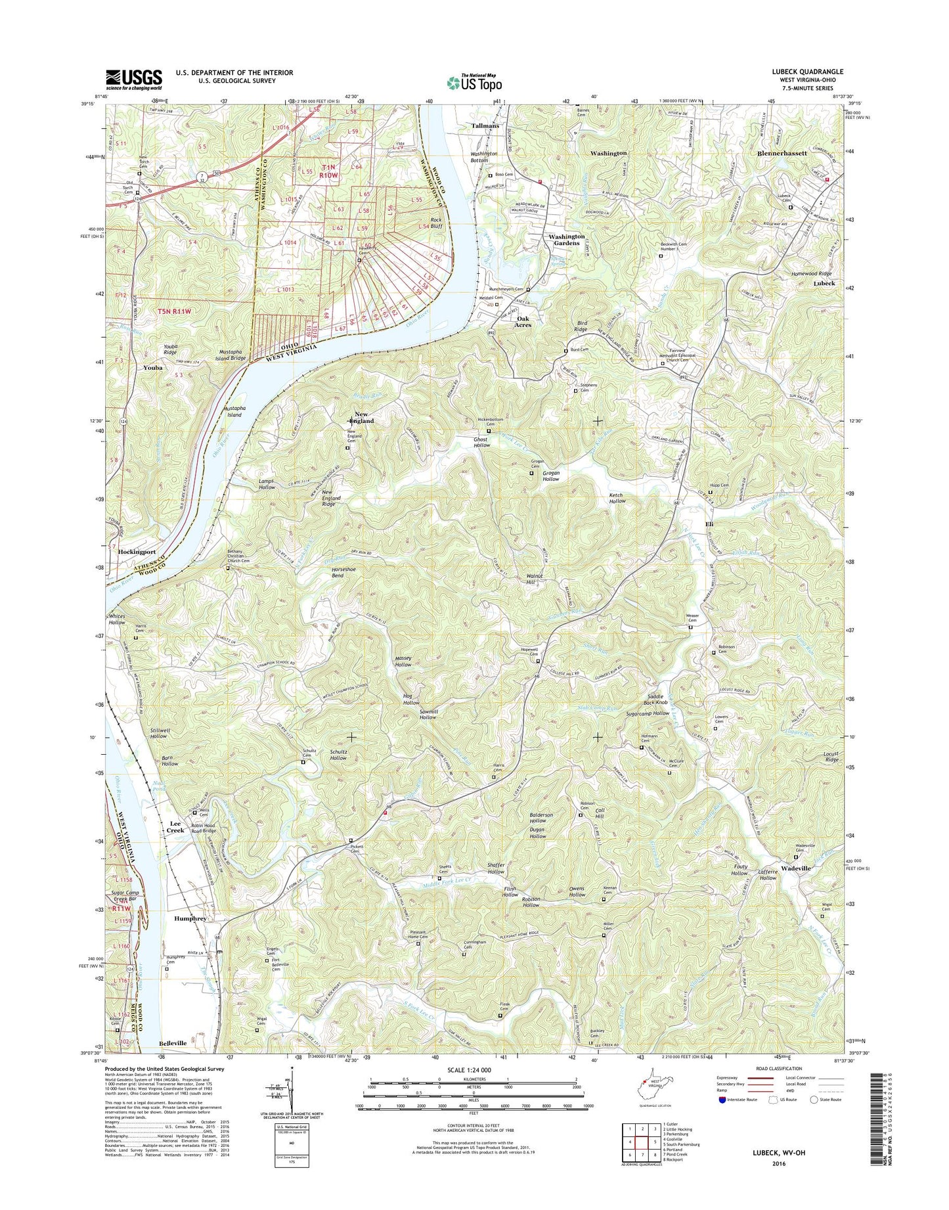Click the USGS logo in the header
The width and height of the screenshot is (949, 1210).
[x=134, y=79]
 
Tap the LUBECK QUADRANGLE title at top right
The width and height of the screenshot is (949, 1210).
[x=807, y=72]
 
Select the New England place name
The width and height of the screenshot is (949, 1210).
[x=364, y=417]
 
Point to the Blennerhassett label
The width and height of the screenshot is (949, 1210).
[x=782, y=152]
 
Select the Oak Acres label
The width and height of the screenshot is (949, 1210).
[x=523, y=321]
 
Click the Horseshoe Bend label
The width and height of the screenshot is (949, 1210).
[x=343, y=571]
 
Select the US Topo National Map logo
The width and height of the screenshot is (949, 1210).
[x=474, y=82]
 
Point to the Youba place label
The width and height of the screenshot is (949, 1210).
[x=153, y=368]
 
